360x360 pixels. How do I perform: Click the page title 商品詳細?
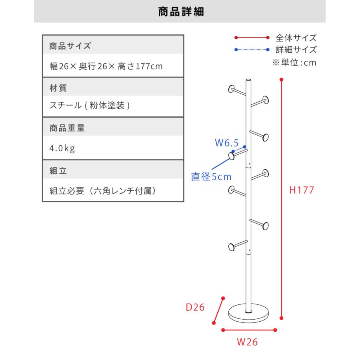[181, 12]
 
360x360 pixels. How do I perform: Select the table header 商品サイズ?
[70, 46]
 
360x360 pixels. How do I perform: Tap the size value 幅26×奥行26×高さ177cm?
[106, 66]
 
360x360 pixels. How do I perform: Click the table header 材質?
[58, 88]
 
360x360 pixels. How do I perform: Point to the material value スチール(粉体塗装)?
[90, 105]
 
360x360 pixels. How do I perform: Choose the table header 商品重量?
[67, 128]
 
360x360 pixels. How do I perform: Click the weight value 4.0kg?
[62, 148]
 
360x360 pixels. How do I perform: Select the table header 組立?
[58, 170]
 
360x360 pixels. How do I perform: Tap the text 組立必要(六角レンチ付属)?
[103, 191]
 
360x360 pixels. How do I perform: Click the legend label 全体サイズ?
[296, 38]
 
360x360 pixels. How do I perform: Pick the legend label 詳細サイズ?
[296, 50]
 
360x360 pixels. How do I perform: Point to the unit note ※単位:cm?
[294, 62]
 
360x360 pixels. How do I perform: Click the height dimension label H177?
[302, 190]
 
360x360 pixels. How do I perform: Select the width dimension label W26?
[247, 342]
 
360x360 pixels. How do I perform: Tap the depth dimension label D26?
[195, 307]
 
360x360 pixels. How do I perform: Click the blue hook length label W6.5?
[227, 143]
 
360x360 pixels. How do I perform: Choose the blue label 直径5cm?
[211, 176]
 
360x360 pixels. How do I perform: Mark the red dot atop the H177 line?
[282, 80]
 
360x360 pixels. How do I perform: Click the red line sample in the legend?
[252, 38]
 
